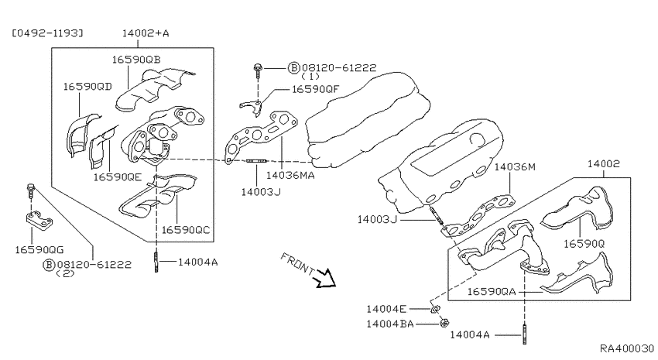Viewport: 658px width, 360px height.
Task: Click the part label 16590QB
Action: tap(136, 60)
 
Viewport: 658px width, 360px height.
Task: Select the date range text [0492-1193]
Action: tap(47, 33)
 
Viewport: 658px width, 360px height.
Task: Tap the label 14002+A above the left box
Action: tap(146, 33)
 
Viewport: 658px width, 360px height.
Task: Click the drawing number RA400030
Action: tap(627, 348)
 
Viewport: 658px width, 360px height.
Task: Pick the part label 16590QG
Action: tap(39, 250)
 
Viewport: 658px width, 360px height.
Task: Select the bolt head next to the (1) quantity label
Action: tap(258, 67)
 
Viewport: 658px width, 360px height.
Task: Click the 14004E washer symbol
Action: tap(435, 310)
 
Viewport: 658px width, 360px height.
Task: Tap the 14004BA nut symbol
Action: tap(444, 324)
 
